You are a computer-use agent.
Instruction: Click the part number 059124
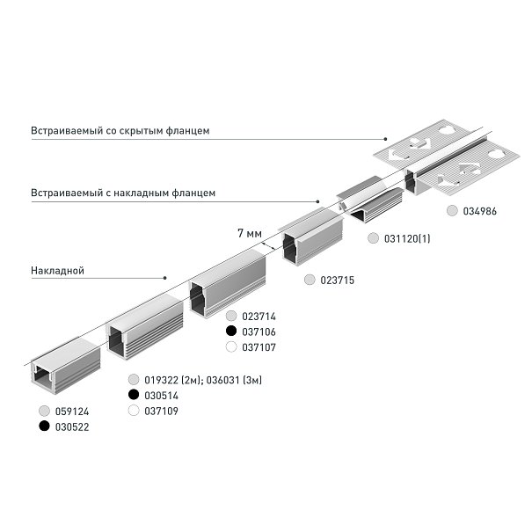(x=72, y=412)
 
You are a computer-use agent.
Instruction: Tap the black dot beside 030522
(x=44, y=426)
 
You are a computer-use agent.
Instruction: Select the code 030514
(x=161, y=396)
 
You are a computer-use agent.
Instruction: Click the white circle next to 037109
(x=134, y=411)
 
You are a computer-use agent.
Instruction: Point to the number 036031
(x=222, y=380)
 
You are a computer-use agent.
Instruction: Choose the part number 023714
(x=259, y=317)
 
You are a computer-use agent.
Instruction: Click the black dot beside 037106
(x=231, y=331)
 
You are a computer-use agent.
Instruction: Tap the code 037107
(x=259, y=347)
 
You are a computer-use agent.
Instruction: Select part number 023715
(x=338, y=281)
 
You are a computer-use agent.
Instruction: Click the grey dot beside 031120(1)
(x=373, y=238)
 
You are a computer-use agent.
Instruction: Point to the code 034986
(x=480, y=211)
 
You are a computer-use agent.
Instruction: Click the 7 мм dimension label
(x=250, y=233)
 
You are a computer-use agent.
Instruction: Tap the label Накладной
(x=57, y=271)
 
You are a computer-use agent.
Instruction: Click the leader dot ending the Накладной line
(x=165, y=278)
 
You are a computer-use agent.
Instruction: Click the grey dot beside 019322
(x=134, y=379)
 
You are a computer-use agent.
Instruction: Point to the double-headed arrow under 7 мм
(x=268, y=246)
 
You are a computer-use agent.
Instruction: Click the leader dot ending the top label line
(x=385, y=139)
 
